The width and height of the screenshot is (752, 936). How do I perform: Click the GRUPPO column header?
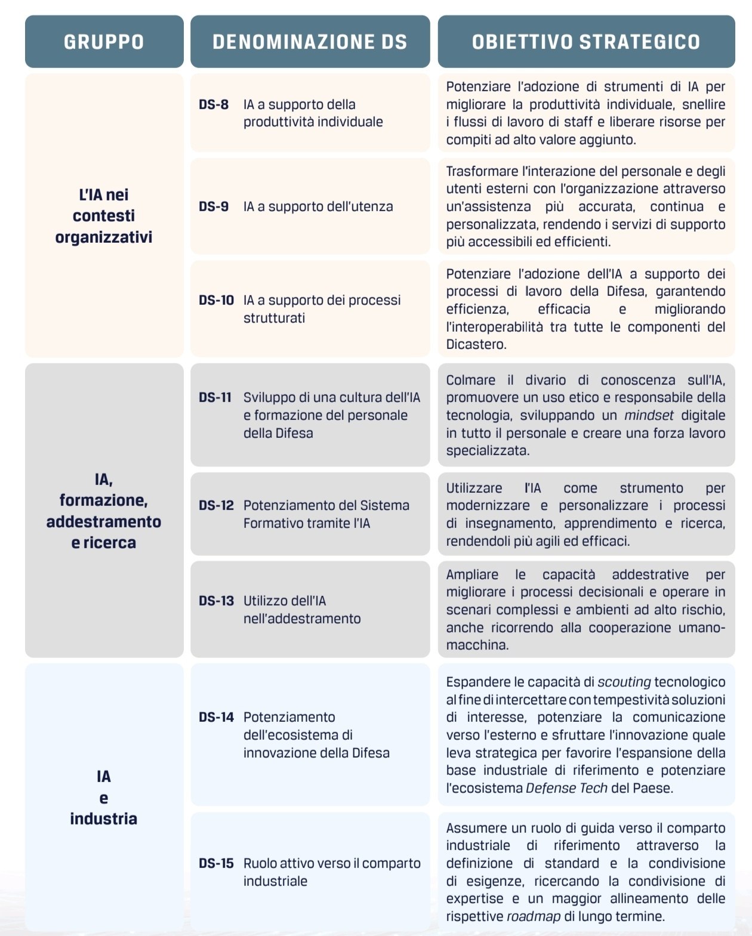click(104, 42)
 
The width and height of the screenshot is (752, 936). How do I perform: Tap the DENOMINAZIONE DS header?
click(310, 42)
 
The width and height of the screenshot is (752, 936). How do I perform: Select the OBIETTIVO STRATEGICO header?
click(585, 42)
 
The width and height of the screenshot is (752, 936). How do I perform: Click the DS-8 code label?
click(214, 104)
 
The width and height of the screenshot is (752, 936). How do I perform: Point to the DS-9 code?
click(214, 206)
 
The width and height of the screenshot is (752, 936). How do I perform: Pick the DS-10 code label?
click(216, 300)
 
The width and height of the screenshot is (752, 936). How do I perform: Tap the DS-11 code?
click(215, 397)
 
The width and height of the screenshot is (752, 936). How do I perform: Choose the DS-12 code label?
click(216, 505)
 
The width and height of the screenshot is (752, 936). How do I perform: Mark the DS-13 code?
click(216, 601)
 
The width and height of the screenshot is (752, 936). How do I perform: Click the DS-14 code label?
click(216, 717)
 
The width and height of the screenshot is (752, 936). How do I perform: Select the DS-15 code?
click(216, 863)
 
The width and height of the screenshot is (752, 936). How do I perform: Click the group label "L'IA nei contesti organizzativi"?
click(104, 215)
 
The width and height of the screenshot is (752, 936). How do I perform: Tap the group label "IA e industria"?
click(104, 798)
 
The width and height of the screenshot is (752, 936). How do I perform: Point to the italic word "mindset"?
click(649, 415)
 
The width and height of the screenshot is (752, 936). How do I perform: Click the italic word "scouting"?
click(624, 682)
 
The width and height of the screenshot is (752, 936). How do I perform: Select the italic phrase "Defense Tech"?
click(566, 788)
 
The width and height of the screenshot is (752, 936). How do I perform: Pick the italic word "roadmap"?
click(533, 916)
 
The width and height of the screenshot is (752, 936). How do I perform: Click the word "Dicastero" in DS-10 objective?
click(476, 344)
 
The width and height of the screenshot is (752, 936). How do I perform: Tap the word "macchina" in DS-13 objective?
click(476, 645)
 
